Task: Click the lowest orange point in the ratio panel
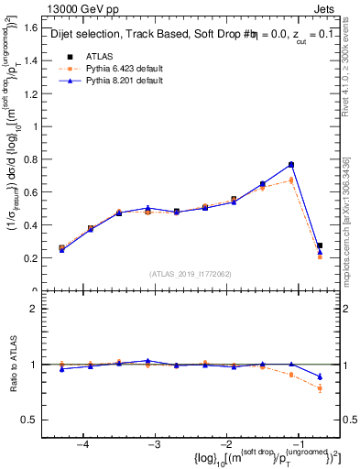pos(320,388)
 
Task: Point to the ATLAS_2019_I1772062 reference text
pos(191,273)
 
